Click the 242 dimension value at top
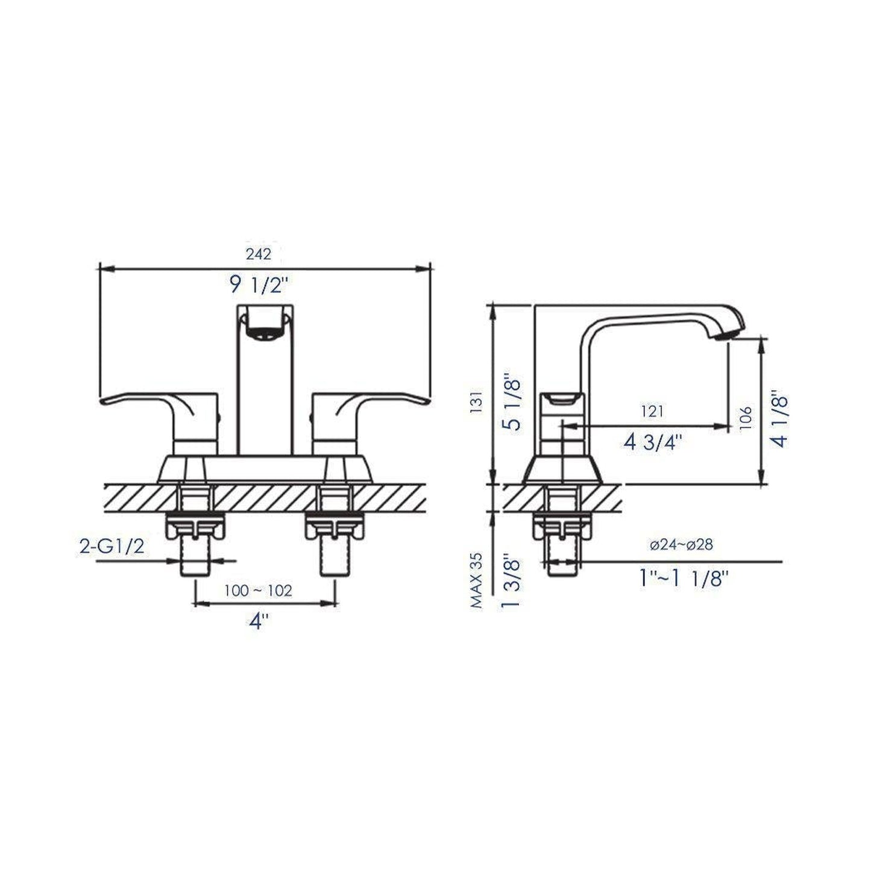coord(259,254)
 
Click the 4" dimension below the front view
coord(259,621)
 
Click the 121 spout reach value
coord(653,411)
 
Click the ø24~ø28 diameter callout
coord(681,544)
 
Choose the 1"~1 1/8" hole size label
coord(684,579)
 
